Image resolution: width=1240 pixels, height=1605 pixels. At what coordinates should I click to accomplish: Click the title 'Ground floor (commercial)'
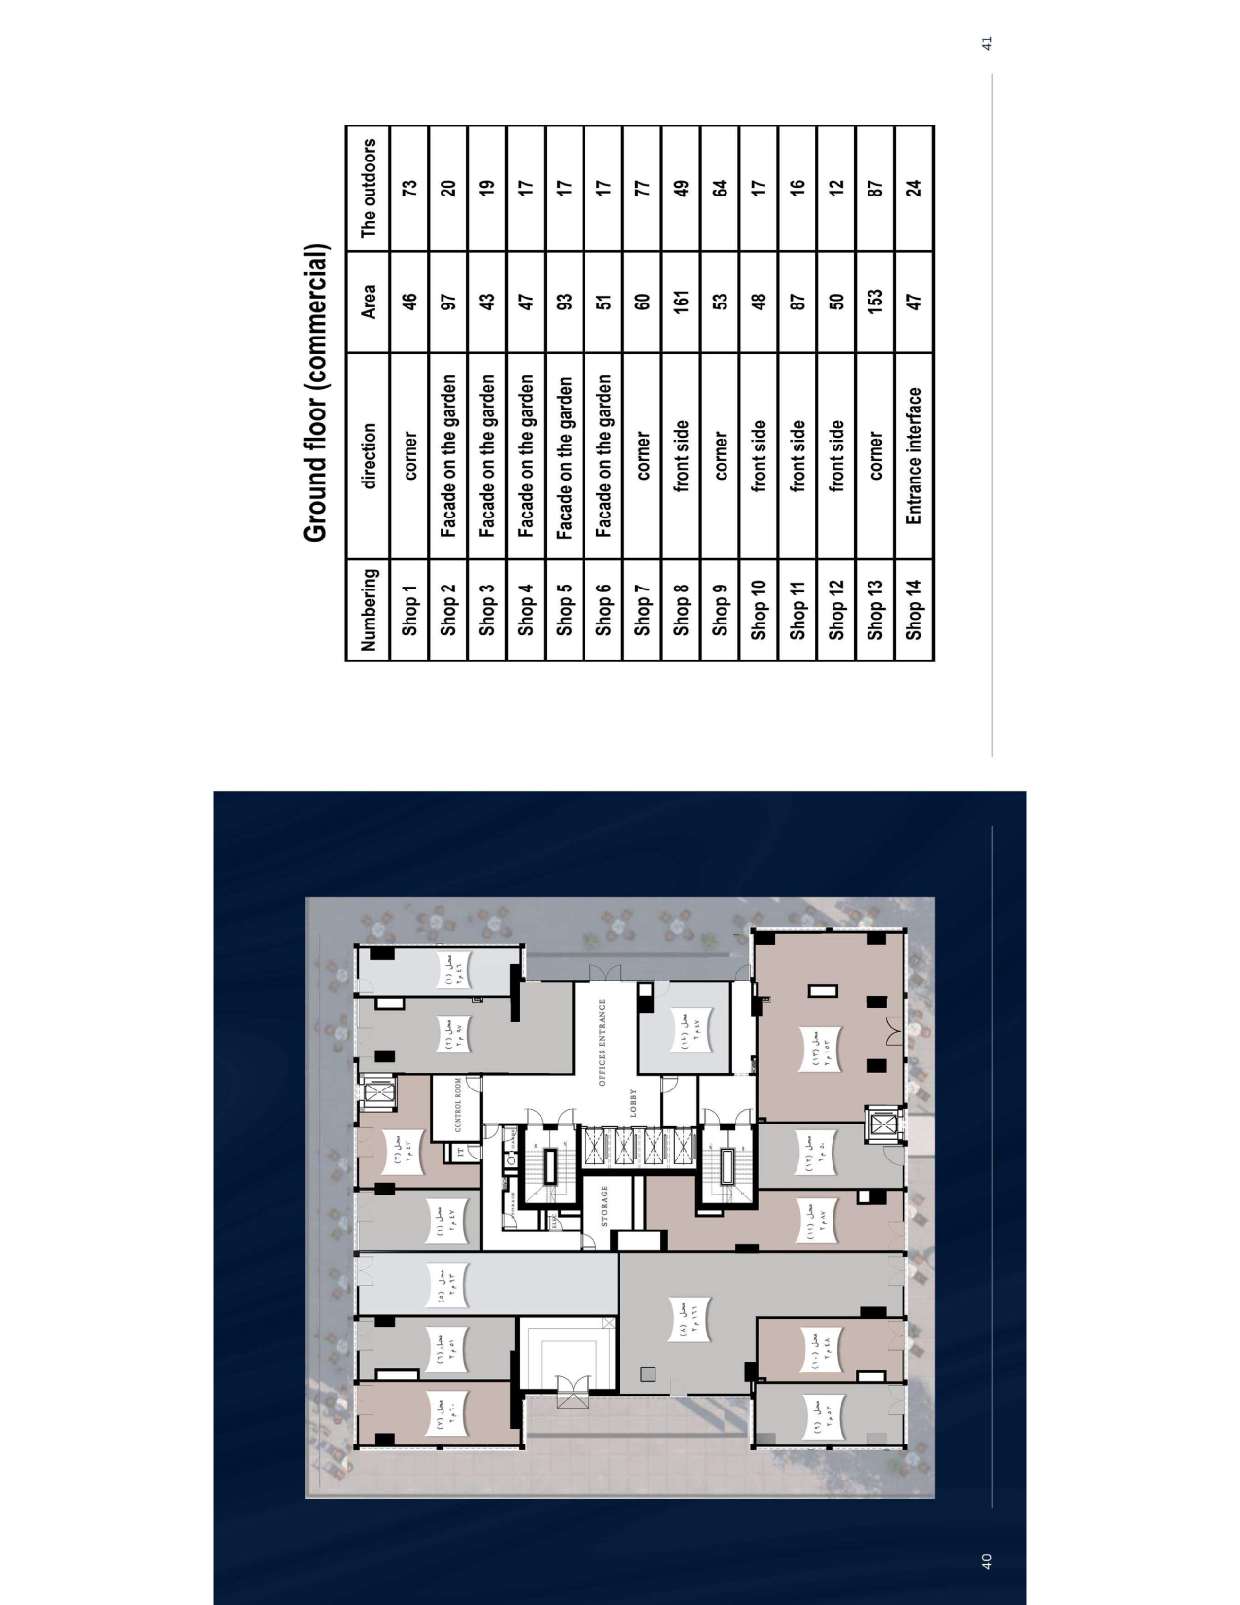pyautogui.click(x=315, y=394)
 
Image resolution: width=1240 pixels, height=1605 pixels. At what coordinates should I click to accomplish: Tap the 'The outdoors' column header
pyautogui.click(x=368, y=188)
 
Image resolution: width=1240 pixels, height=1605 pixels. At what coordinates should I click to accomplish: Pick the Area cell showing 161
pyautogui.click(x=681, y=302)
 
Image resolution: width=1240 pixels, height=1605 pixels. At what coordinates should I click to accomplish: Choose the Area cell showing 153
pyautogui.click(x=875, y=302)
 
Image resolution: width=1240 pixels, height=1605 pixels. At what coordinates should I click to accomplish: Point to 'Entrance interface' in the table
pyautogui.click(x=914, y=455)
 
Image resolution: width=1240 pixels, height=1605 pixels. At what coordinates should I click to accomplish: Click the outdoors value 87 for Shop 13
pyautogui.click(x=875, y=188)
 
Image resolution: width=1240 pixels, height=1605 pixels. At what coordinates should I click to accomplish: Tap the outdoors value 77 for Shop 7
pyautogui.click(x=642, y=188)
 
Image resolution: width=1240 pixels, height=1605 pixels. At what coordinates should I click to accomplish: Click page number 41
pyautogui.click(x=987, y=43)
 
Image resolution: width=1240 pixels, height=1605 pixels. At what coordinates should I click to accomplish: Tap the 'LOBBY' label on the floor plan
pyautogui.click(x=632, y=1102)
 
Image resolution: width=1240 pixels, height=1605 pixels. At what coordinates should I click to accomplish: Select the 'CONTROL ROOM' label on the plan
pyautogui.click(x=458, y=1104)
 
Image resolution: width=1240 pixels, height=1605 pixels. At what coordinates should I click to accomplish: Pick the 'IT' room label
pyautogui.click(x=458, y=1152)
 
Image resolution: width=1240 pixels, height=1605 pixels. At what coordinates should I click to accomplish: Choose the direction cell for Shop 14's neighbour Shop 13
pyautogui.click(x=875, y=455)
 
